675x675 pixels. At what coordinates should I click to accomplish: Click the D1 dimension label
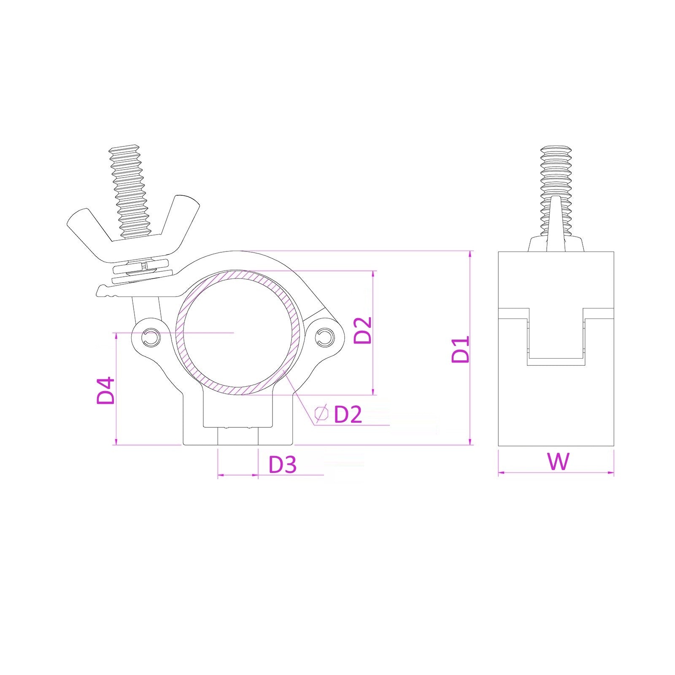click(461, 349)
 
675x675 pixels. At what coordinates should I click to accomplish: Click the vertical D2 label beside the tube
click(363, 330)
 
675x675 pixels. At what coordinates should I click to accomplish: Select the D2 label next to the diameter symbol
click(348, 415)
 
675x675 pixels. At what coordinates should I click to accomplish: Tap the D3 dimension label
click(283, 464)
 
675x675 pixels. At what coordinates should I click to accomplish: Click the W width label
click(558, 461)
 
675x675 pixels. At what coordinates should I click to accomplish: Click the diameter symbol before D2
click(322, 414)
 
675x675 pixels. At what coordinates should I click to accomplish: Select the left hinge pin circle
click(151, 337)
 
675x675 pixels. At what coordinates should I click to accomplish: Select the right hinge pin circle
click(325, 337)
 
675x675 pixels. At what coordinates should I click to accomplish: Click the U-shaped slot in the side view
click(556, 337)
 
